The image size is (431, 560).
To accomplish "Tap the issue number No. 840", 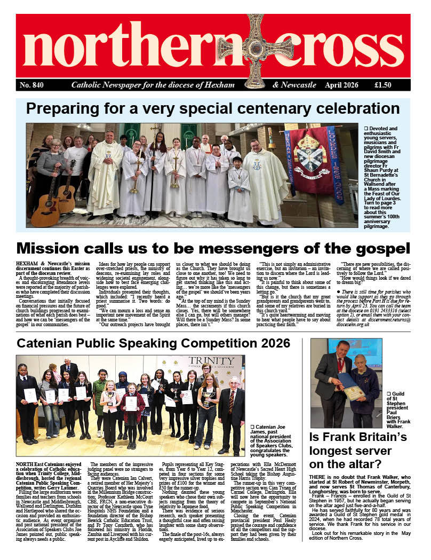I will click(32, 85).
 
